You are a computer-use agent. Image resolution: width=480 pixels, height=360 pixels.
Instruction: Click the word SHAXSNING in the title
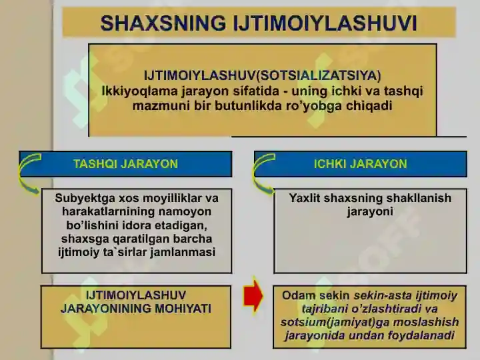point(163,23)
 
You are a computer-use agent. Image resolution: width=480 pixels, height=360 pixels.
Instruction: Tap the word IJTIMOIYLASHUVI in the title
point(325,23)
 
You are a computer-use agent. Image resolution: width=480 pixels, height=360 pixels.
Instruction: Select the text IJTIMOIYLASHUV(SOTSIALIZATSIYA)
point(263,75)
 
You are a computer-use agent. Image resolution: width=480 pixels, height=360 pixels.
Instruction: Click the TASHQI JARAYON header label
point(125,164)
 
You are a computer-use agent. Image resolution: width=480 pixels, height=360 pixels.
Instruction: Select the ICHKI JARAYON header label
point(360,164)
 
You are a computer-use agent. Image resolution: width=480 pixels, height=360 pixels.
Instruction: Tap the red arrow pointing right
point(253,296)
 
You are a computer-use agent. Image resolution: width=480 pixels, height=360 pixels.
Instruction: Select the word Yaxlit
point(304,198)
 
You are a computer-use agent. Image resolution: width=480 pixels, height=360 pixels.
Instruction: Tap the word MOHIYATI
point(183,309)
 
